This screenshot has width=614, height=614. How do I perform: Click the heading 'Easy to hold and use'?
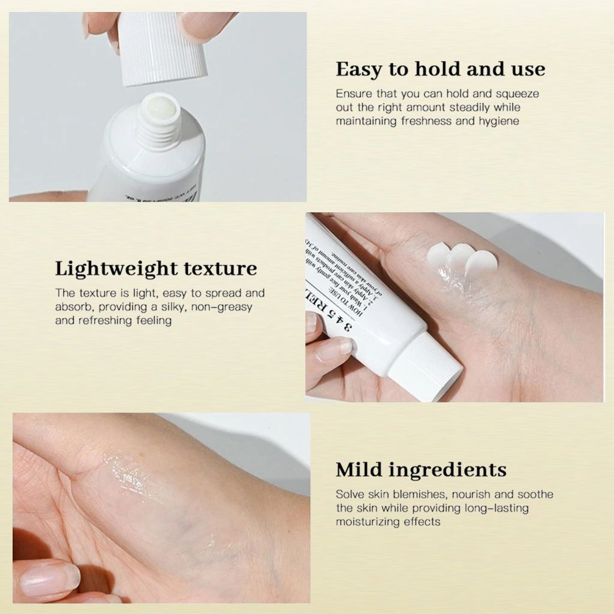440,69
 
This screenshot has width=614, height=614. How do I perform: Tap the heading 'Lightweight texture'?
156,268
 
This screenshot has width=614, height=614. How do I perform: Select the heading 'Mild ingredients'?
421,469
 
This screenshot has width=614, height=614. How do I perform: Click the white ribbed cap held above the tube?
163,48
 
